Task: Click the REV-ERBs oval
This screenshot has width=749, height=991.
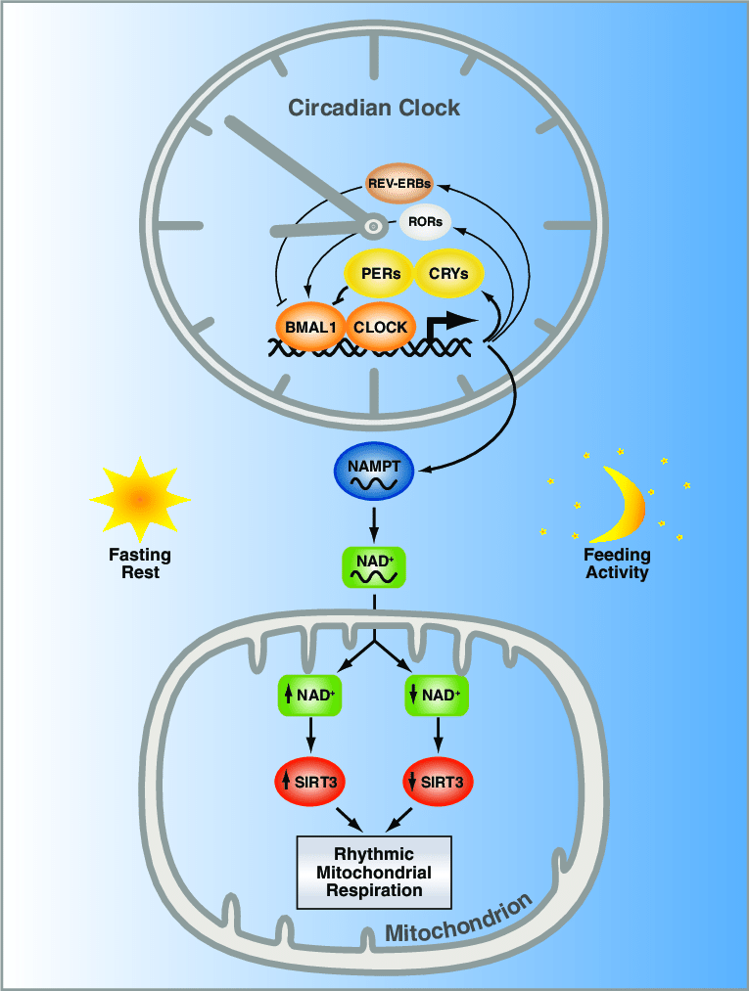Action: tap(399, 183)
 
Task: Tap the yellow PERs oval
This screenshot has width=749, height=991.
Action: tap(381, 274)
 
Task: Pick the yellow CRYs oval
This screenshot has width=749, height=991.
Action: tap(449, 274)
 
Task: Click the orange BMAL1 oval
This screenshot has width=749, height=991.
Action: tap(308, 328)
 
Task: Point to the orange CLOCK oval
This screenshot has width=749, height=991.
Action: tap(380, 328)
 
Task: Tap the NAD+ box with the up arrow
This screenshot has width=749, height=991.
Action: tap(309, 697)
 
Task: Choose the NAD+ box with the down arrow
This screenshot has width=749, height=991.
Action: tap(437, 697)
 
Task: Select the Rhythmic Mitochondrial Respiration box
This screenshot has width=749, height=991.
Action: tap(374, 872)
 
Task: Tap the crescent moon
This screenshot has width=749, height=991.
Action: tap(623, 504)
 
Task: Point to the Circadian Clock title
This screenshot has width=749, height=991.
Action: tap(374, 108)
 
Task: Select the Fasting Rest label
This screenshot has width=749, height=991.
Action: tap(140, 563)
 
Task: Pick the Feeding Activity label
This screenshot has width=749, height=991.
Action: tap(618, 563)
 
